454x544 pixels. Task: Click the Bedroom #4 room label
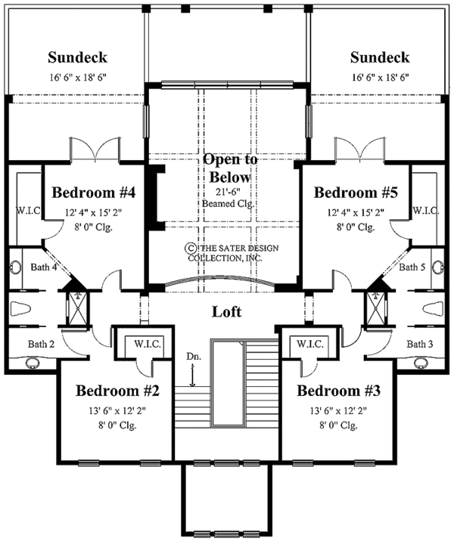(94, 192)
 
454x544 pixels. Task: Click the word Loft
(226, 311)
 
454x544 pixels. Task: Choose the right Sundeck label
(381, 57)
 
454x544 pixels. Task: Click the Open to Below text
(229, 168)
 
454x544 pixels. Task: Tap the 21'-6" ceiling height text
(229, 192)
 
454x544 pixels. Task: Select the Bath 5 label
(412, 267)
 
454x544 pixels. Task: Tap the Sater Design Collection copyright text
(227, 252)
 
